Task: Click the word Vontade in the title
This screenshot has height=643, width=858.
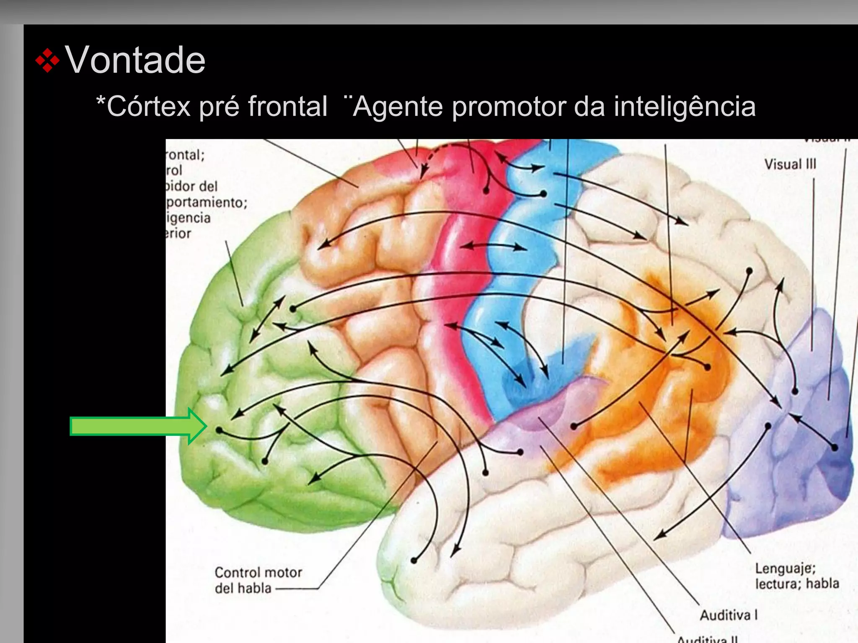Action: pos(135,60)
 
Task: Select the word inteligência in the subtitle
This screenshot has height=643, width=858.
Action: pos(685,106)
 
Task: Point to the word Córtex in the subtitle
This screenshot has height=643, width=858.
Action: pos(149,106)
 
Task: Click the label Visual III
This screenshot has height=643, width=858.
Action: pos(790,164)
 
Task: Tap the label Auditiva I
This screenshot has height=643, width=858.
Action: pos(729,615)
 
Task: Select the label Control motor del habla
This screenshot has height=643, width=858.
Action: pos(258,580)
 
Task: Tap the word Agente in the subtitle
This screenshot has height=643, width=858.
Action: pos(398,106)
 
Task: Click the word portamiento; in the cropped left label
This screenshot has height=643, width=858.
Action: pos(207,203)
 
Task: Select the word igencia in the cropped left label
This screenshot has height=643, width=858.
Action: pos(188,218)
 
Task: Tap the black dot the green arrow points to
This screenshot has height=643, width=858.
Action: pos(219,430)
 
